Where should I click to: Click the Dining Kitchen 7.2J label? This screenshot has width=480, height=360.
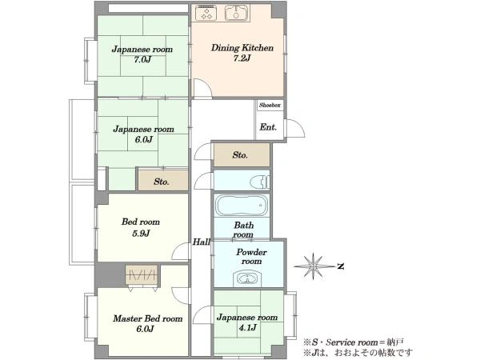(x=242, y=53)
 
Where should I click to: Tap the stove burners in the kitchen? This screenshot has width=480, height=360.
(x=206, y=13)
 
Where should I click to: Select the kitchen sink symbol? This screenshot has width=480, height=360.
(x=237, y=13)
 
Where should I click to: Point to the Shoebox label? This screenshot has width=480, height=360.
(x=270, y=105)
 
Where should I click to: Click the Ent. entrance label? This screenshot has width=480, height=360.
(x=268, y=127)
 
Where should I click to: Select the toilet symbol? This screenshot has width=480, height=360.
(x=259, y=182)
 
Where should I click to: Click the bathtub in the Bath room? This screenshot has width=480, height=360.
(x=242, y=205)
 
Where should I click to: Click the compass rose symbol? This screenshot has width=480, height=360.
(x=314, y=266)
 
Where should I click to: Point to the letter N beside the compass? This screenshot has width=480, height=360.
(x=341, y=266)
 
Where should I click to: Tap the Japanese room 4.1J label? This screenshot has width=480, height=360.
(x=247, y=322)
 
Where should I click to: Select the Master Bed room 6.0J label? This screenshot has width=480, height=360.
(x=147, y=323)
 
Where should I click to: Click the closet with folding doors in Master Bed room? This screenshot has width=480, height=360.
(x=142, y=275)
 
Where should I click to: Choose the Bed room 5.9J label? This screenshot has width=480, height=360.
(x=141, y=227)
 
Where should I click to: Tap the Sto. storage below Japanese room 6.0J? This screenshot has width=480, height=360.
(x=162, y=181)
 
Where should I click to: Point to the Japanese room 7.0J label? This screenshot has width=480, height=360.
(x=142, y=54)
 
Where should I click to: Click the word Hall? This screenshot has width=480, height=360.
(x=201, y=242)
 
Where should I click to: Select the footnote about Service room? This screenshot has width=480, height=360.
(x=354, y=342)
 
